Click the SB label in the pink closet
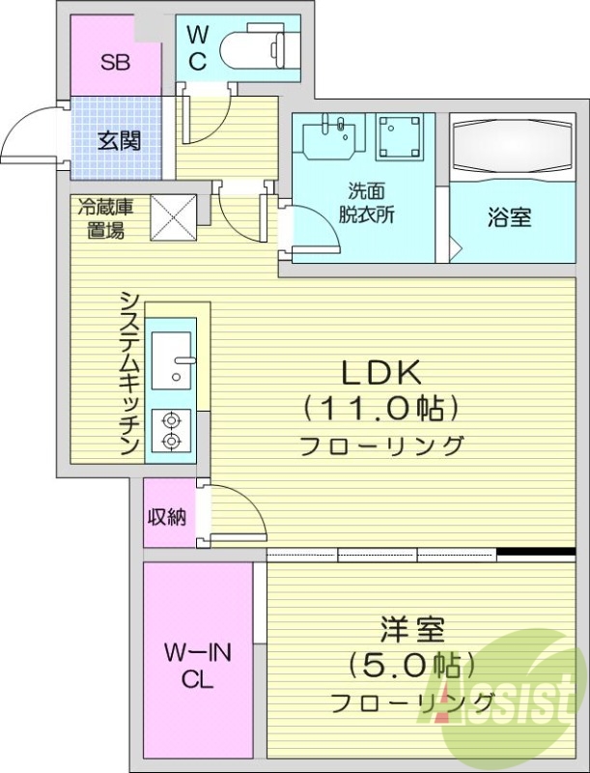click(x=116, y=64)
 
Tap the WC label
click(x=196, y=49)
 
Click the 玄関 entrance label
click(x=119, y=140)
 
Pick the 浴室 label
click(x=508, y=217)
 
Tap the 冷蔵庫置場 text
click(x=101, y=217)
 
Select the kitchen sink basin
click(x=175, y=357)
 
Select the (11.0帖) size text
click(x=379, y=408)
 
